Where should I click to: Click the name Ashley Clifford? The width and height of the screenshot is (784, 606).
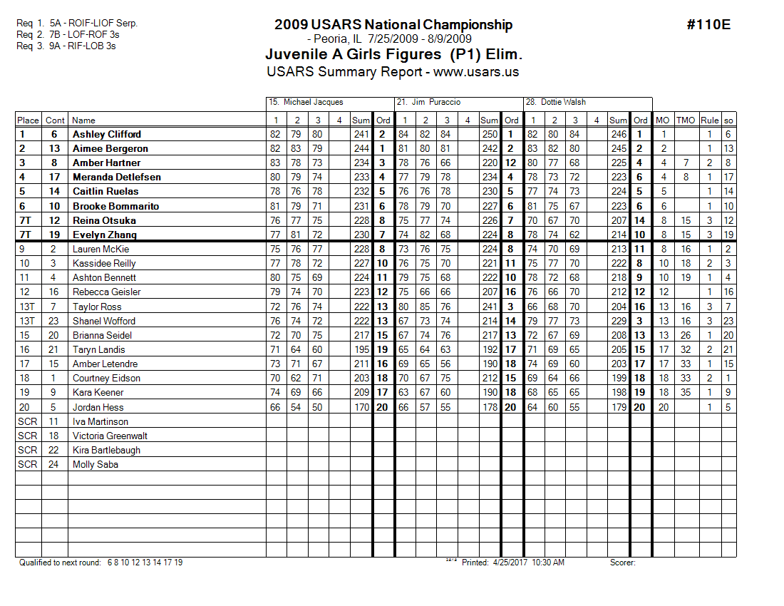(106, 134)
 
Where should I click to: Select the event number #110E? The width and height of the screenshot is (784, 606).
(708, 25)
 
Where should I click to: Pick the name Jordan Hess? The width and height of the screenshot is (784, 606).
(98, 407)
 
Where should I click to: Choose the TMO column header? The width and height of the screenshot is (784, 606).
(685, 120)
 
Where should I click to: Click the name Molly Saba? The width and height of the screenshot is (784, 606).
(95, 464)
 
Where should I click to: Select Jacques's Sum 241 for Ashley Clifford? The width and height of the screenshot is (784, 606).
(361, 134)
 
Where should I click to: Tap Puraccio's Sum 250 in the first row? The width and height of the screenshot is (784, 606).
(490, 134)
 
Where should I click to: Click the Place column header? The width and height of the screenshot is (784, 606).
(28, 120)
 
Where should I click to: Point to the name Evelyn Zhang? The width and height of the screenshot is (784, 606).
(104, 235)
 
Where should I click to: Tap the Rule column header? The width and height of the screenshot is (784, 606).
(709, 120)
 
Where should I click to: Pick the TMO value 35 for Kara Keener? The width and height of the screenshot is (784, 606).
(685, 393)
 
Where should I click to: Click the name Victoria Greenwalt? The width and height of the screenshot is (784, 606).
(110, 436)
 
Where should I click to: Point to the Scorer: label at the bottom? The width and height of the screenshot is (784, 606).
(622, 563)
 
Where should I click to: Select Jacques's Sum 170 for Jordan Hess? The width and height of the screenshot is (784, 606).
(361, 407)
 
